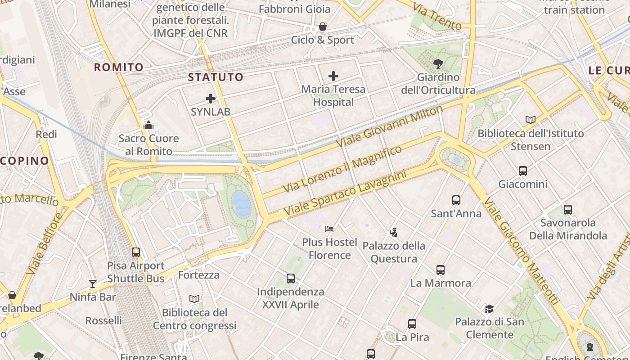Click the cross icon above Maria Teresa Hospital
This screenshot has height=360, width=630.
(x=333, y=76)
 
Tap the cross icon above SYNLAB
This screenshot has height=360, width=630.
(x=211, y=99)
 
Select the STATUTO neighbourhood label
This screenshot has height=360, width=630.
(x=216, y=77)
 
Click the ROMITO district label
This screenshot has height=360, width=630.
(x=119, y=67)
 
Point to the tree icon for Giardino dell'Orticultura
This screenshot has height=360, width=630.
(x=438, y=64)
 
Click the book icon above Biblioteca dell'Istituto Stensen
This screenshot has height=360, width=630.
(x=531, y=120)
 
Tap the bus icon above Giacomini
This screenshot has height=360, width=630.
(x=523, y=171)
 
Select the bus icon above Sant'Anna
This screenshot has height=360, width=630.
(x=456, y=200)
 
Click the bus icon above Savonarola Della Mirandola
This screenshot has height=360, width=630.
(x=568, y=209)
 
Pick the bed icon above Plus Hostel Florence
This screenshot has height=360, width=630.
(x=329, y=229)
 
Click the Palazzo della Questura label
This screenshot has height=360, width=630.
(x=394, y=252)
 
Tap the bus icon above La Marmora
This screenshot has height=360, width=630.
(x=441, y=270)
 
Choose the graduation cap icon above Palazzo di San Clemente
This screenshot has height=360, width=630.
(x=489, y=309)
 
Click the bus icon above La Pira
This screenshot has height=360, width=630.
(x=412, y=324)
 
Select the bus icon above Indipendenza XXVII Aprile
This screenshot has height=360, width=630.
(x=291, y=279)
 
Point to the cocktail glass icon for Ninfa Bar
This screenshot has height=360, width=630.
(x=93, y=283)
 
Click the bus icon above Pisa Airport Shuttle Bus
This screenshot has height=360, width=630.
(x=136, y=252)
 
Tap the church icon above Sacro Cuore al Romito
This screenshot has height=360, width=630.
(x=148, y=125)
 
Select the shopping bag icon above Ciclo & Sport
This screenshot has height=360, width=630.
(x=323, y=27)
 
